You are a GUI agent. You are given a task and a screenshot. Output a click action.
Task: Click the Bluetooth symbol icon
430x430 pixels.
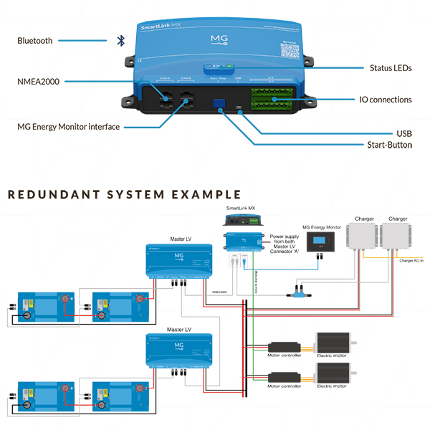[x=120, y=41]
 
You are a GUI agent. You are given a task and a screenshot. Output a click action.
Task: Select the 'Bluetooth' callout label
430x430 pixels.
[x=35, y=41]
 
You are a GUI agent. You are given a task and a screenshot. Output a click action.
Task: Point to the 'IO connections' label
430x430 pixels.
[x=386, y=100]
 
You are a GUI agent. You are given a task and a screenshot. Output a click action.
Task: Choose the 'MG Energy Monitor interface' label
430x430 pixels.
[x=69, y=127]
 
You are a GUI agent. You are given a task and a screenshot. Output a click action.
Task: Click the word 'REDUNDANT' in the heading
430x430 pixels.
[x=49, y=194]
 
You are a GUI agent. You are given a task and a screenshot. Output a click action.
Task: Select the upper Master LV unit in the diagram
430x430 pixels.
[x=178, y=262]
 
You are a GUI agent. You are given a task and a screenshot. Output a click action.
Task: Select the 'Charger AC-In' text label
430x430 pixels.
[x=411, y=261]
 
